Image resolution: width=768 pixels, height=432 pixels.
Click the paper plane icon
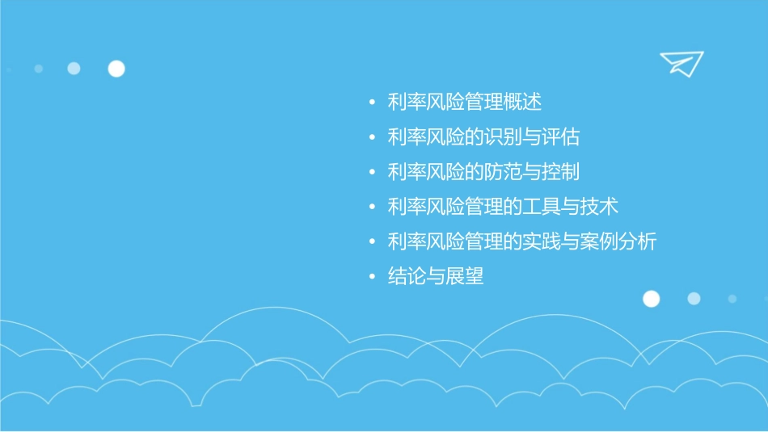tap(681, 63)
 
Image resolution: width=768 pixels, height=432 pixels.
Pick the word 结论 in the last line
tap(407, 276)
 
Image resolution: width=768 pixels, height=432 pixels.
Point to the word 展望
tap(465, 276)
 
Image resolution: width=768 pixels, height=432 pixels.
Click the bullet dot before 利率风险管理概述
tap(371, 103)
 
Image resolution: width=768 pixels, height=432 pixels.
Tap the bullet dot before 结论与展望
tap(371, 277)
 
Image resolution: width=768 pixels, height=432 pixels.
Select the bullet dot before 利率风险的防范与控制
tap(371, 173)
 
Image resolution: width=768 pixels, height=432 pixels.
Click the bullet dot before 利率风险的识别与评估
tap(371, 138)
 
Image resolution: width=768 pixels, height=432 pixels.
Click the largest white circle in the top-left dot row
tap(116, 69)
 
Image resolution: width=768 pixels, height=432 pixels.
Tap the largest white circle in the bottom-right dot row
tap(651, 299)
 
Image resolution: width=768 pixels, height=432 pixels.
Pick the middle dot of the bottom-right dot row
tap(694, 299)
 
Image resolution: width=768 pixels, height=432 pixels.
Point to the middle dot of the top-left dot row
tap(74, 69)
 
